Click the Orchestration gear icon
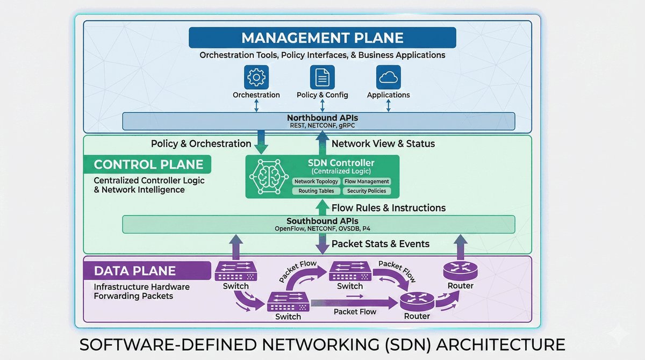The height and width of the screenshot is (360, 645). click(256, 77)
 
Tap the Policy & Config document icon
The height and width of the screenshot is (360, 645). click(322, 77)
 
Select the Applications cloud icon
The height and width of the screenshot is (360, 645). click(388, 77)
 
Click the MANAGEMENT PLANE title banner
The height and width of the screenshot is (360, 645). click(322, 38)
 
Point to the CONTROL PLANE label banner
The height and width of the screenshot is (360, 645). click(148, 164)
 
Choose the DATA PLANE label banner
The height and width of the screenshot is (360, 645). click(147, 271)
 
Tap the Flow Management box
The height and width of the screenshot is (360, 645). click(367, 182)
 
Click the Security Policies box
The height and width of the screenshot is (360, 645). click(367, 191)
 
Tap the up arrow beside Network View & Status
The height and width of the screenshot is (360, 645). click(322, 143)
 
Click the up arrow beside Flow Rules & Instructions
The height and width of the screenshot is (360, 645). click(322, 207)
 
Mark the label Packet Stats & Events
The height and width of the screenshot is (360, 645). click(381, 244)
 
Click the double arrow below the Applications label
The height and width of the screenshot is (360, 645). click(388, 105)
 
